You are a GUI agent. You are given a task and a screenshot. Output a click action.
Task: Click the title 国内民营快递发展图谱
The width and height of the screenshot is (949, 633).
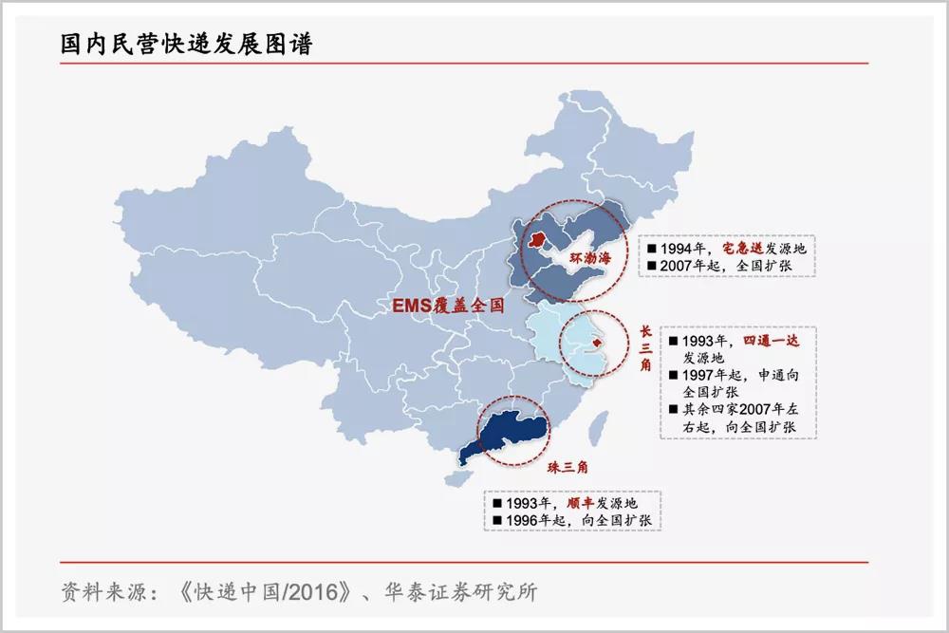point(186,44)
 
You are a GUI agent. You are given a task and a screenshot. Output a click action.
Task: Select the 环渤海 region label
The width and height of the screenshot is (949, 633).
point(588,259)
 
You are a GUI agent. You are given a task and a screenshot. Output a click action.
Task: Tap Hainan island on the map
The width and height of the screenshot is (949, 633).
point(466,476)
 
